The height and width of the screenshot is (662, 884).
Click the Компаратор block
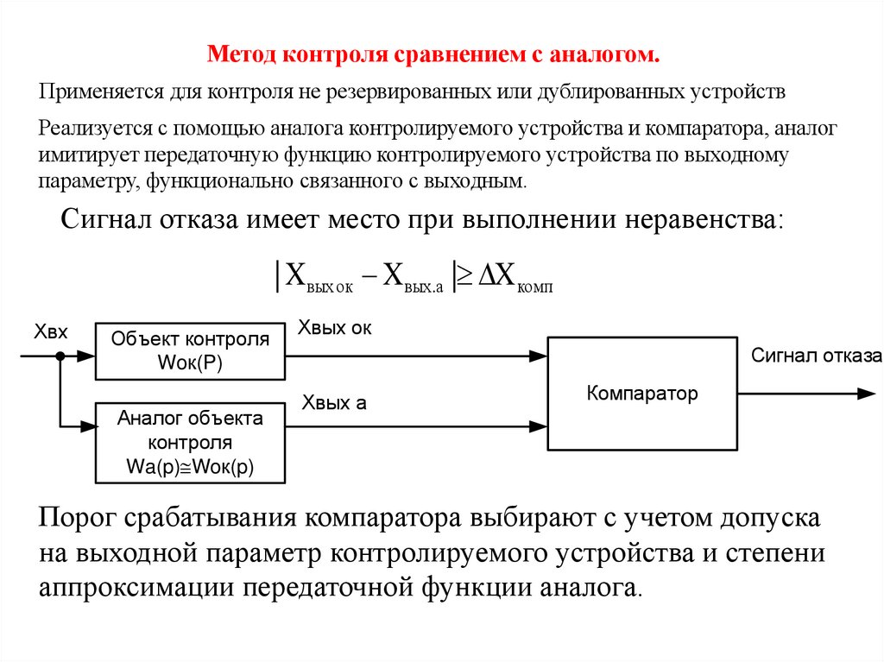coord(642,394)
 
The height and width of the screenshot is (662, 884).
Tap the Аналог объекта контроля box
coord(190,443)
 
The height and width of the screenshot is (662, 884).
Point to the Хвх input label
coord(50,332)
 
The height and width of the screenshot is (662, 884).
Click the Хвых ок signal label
coord(335,328)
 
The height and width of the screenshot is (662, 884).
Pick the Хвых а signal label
coord(334,402)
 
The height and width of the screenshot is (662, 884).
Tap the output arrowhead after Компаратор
coord(867,394)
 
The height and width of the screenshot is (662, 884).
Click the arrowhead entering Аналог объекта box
coord(87,425)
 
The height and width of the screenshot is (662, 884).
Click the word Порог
coord(79,519)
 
